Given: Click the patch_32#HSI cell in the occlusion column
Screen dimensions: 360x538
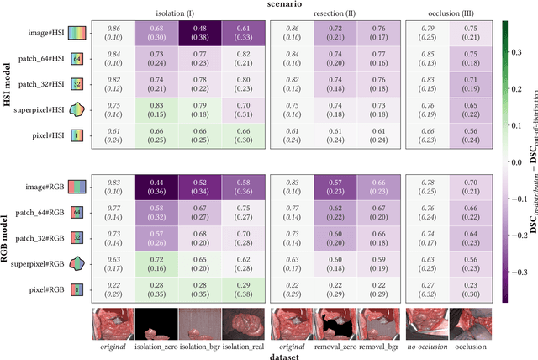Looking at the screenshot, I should (x=467, y=83).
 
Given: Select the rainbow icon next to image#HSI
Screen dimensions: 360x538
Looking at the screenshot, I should (x=76, y=33).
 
